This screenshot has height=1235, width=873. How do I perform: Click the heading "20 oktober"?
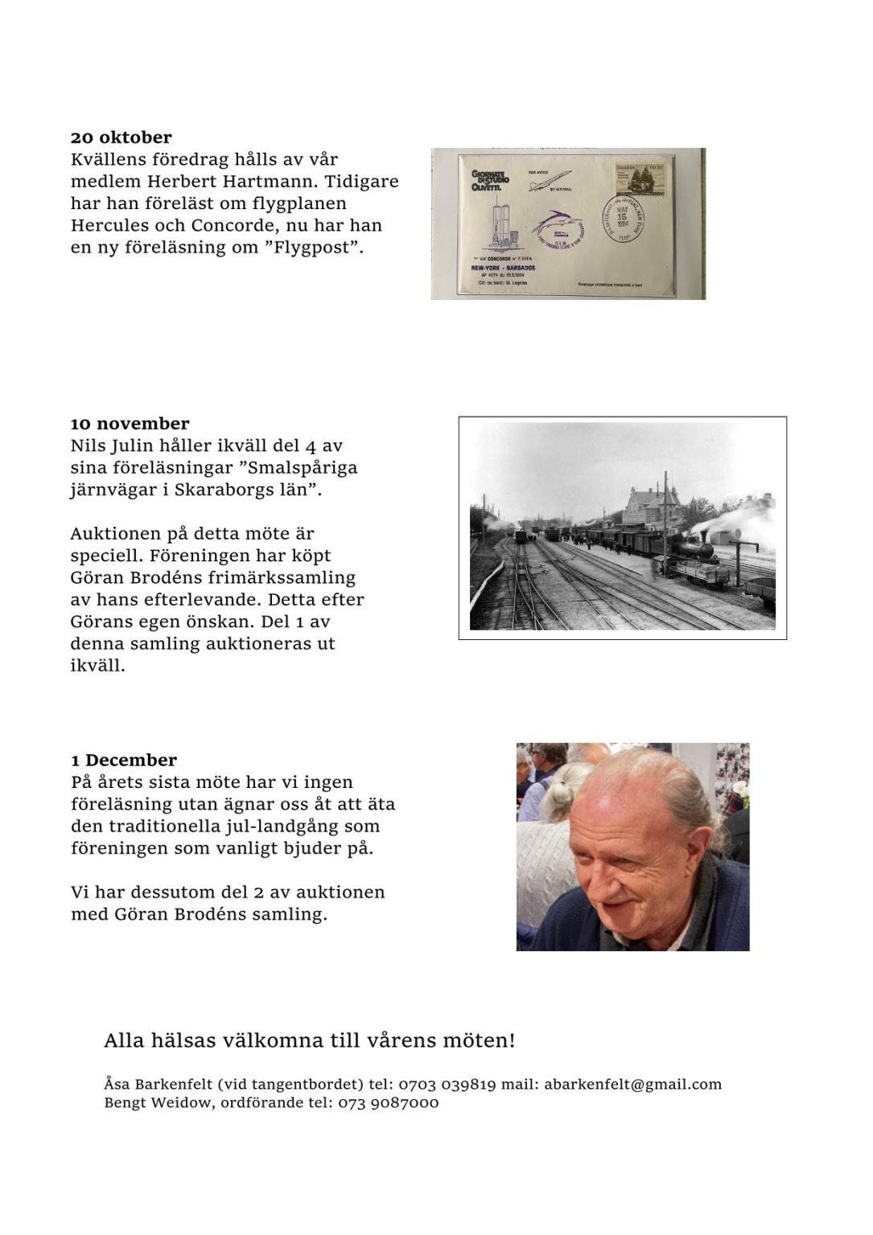121,137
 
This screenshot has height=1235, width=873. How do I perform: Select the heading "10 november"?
130,424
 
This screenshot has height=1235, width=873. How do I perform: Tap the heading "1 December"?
123,760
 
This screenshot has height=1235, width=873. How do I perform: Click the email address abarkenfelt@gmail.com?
632,1084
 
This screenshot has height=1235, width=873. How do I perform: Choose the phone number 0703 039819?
447,1084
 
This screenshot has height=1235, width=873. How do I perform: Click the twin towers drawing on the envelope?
502,223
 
